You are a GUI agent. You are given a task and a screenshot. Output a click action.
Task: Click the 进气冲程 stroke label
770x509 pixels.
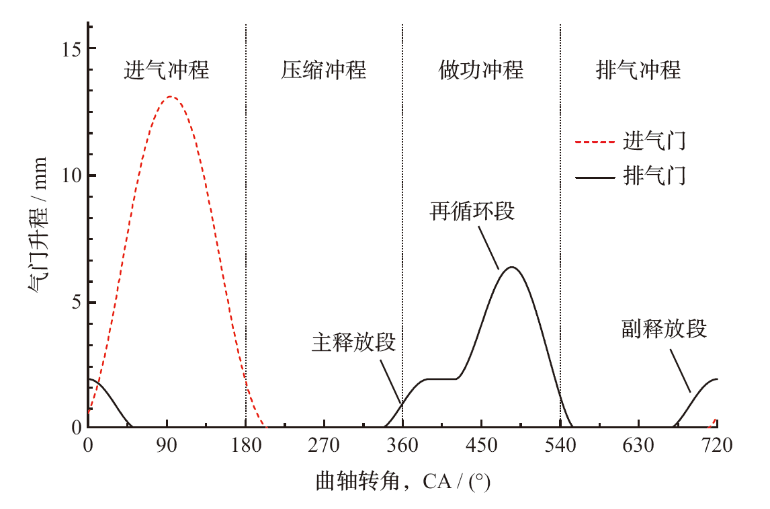pyautogui.click(x=166, y=70)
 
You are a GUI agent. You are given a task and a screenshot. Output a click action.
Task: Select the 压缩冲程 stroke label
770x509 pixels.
pyautogui.click(x=323, y=70)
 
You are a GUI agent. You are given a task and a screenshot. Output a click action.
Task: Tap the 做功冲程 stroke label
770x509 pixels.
pyautogui.click(x=480, y=70)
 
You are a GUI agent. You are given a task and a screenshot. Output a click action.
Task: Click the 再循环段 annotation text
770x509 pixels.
pyautogui.click(x=472, y=211)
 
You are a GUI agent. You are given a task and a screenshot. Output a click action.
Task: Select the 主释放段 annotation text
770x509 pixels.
pyautogui.click(x=353, y=342)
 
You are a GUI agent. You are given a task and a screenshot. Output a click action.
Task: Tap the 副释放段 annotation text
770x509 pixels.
pyautogui.click(x=664, y=329)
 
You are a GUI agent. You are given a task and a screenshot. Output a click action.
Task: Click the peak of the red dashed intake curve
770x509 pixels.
pyautogui.click(x=171, y=97)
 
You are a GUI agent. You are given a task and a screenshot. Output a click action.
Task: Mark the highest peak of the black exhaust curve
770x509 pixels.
pyautogui.click(x=512, y=267)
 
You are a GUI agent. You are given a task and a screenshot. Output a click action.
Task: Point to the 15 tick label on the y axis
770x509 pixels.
pyautogui.click(x=71, y=49)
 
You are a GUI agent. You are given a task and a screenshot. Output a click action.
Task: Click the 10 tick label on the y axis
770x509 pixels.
pyautogui.click(x=71, y=175)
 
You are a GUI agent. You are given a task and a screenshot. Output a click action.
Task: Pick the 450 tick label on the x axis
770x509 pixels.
pyautogui.click(x=481, y=445)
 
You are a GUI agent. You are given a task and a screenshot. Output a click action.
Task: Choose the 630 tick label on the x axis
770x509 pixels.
pyautogui.click(x=638, y=445)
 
